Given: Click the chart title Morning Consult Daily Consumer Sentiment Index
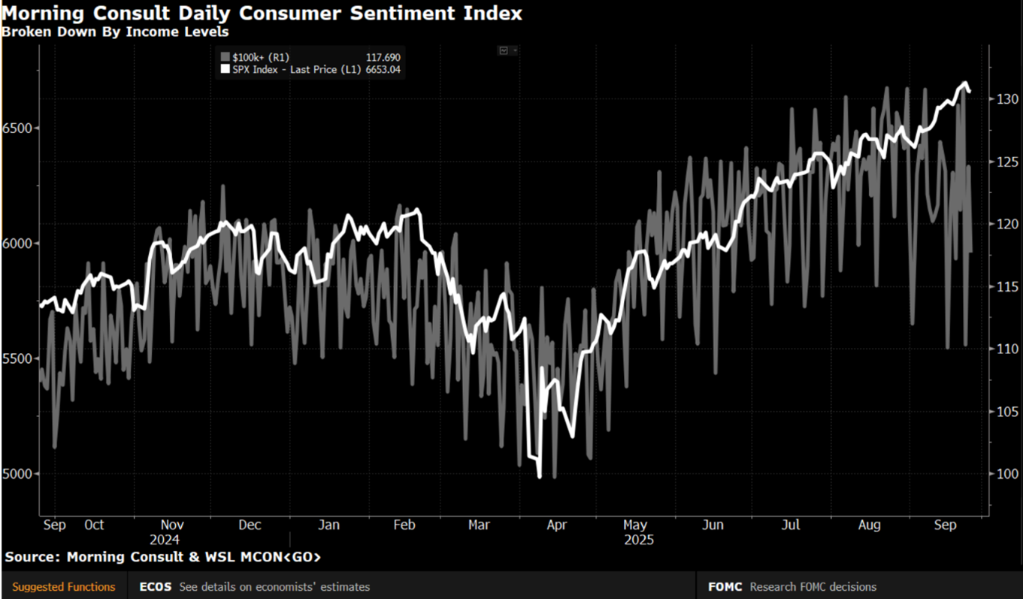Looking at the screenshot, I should pyautogui.click(x=262, y=14).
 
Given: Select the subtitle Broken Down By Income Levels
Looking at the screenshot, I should pyautogui.click(x=115, y=32).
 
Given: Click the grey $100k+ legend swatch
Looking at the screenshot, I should pyautogui.click(x=224, y=56).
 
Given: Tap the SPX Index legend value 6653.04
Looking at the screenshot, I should pyautogui.click(x=383, y=69).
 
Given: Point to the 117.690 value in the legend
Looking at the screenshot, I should pyautogui.click(x=384, y=56).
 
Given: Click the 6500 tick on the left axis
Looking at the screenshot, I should pyautogui.click(x=18, y=128).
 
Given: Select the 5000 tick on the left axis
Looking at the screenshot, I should pyautogui.click(x=18, y=474).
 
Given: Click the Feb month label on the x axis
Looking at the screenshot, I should pyautogui.click(x=404, y=525).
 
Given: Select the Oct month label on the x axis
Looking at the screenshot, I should pyautogui.click(x=94, y=525).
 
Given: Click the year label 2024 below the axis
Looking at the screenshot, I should pyautogui.click(x=165, y=540).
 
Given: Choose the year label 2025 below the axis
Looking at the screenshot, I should pyautogui.click(x=639, y=540).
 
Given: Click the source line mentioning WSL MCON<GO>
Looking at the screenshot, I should pyautogui.click(x=162, y=557).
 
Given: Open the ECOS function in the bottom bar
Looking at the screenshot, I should pyautogui.click(x=155, y=587).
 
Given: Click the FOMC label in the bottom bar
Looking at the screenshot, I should pyautogui.click(x=725, y=587).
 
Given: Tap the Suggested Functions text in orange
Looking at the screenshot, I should pyautogui.click(x=64, y=587).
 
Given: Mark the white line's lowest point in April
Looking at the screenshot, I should pyautogui.click(x=539, y=476).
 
